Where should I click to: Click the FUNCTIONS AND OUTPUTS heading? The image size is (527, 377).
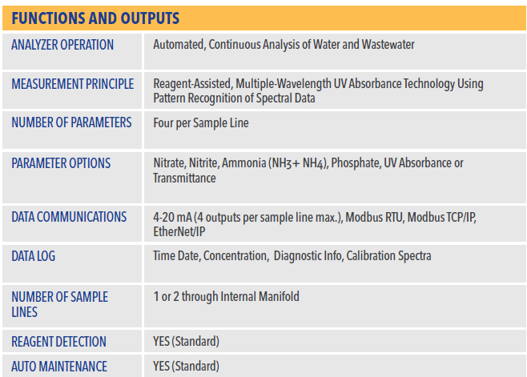(95, 18)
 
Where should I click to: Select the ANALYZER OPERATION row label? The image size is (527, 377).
(62, 45)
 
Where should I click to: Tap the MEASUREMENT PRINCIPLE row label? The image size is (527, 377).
(73, 84)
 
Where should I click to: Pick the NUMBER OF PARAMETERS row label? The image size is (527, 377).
(71, 122)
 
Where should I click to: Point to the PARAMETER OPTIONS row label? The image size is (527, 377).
(61, 163)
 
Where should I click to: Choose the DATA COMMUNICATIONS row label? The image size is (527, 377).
(69, 217)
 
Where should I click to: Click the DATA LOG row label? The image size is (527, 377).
(34, 256)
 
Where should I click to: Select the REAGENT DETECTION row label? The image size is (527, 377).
(58, 342)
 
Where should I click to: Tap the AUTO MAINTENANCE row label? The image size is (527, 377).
(59, 367)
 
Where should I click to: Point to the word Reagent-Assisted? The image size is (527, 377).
(192, 84)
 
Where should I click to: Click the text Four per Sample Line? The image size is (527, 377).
(201, 123)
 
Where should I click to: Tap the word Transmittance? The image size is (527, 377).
(184, 178)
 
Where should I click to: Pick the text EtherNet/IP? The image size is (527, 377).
(179, 232)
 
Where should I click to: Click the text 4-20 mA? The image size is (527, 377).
(172, 218)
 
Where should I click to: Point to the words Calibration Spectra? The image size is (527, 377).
(389, 255)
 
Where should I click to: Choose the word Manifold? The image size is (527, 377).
(279, 296)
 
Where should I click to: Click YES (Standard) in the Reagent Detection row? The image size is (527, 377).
(186, 342)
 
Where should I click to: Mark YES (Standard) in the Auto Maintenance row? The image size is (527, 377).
(186, 367)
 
